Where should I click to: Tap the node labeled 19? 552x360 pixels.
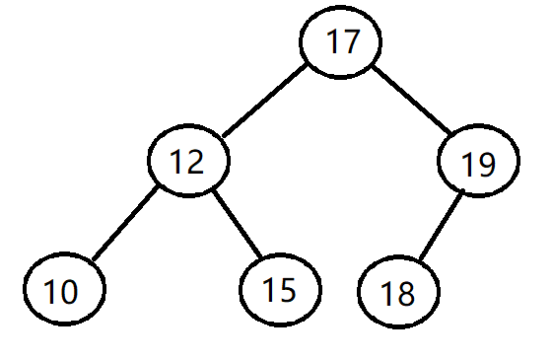[478, 163]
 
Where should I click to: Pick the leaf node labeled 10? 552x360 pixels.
[63, 291]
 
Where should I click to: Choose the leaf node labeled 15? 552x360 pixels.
[280, 289]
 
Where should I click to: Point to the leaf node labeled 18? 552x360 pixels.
[397, 292]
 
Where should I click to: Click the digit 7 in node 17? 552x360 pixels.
[351, 43]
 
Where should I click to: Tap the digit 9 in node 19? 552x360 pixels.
[486, 163]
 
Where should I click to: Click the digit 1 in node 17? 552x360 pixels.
[331, 43]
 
